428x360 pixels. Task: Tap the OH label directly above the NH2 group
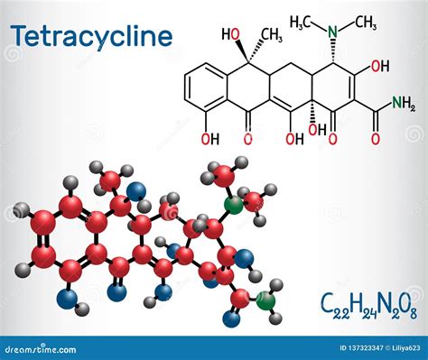coord(380,65)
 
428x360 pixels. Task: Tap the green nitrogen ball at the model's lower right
coord(266,300)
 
